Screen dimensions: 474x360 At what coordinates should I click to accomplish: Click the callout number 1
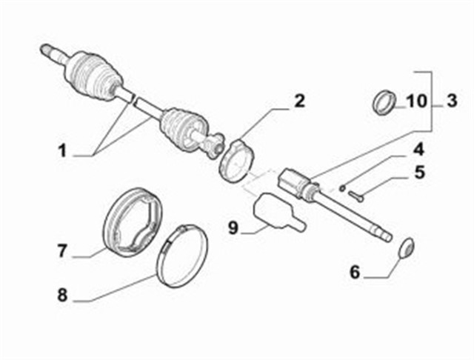click(62, 150)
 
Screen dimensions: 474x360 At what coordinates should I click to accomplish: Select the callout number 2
click(299, 101)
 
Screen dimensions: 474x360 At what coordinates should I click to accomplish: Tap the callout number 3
click(452, 101)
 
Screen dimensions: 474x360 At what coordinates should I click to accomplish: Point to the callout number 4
click(418, 150)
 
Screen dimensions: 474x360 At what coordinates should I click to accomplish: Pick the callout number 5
click(419, 173)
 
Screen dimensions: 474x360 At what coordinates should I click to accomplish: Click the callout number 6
click(355, 272)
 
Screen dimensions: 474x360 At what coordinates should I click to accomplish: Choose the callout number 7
click(62, 251)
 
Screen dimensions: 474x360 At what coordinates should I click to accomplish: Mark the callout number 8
click(62, 295)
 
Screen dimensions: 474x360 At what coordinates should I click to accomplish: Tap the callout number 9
click(233, 227)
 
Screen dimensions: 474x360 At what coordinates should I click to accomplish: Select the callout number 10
click(416, 101)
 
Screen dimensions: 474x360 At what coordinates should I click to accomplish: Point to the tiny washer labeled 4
click(342, 188)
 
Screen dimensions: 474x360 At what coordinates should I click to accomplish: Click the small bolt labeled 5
click(355, 196)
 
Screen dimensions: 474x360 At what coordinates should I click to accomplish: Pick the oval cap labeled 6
click(407, 248)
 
